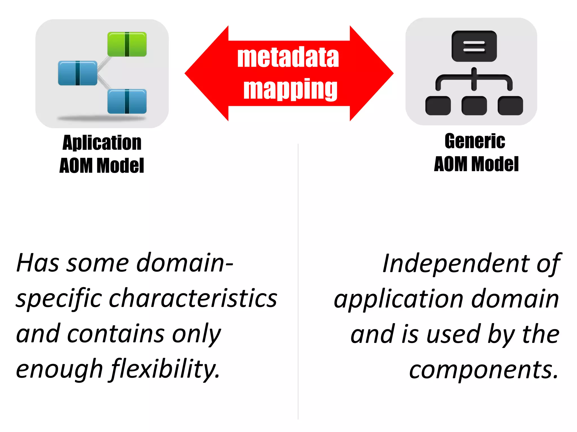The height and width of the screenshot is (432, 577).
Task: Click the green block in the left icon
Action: click(x=127, y=44)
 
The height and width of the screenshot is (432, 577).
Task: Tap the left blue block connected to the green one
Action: click(x=77, y=73)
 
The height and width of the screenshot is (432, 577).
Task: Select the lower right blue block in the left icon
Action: click(x=127, y=101)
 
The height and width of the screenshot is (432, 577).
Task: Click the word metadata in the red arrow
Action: click(x=288, y=57)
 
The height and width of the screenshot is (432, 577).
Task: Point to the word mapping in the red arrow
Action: click(x=290, y=89)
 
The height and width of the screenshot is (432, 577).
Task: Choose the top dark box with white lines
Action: click(x=474, y=46)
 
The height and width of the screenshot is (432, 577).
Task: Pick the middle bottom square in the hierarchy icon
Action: click(x=474, y=106)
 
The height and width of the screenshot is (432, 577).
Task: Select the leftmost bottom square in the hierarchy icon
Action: click(x=438, y=106)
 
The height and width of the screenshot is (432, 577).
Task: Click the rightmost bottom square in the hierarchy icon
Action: click(x=510, y=106)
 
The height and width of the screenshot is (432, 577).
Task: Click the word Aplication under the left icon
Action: click(x=102, y=143)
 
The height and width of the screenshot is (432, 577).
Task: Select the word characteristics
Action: click(x=193, y=298)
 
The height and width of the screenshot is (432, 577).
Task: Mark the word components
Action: click(x=483, y=370)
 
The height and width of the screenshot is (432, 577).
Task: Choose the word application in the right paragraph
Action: click(x=398, y=299)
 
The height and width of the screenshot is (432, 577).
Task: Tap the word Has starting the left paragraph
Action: click(x=38, y=263)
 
